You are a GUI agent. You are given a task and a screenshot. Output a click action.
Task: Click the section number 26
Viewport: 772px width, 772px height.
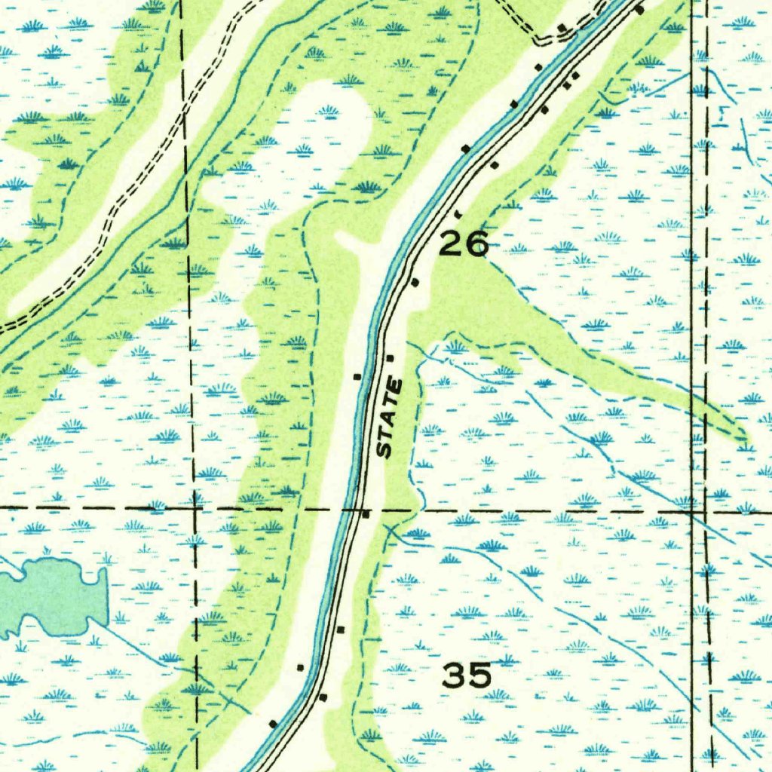tap(463, 244)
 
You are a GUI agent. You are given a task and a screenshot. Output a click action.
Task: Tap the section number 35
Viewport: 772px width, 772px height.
tap(467, 675)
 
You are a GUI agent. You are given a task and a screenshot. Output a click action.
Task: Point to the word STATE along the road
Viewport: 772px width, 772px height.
tap(390, 418)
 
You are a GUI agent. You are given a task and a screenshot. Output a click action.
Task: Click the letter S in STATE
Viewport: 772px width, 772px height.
tap(385, 450)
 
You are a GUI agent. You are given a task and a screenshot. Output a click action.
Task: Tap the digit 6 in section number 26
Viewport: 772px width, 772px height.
tap(476, 244)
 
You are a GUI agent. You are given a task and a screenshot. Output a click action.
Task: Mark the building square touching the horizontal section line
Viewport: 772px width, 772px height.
tap(366, 514)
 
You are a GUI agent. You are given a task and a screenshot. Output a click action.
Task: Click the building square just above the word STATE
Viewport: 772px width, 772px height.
tap(390, 357)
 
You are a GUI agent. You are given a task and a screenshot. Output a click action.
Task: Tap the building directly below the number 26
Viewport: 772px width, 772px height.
tap(414, 282)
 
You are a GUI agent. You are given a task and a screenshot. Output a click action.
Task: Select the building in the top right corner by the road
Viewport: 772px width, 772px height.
tap(639, 10)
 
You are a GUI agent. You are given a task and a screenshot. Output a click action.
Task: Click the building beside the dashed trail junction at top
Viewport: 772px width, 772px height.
tap(562, 28)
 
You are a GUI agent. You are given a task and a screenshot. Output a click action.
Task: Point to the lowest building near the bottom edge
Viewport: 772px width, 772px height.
tap(273, 724)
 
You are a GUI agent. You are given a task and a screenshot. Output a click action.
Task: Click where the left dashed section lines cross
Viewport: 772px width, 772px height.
tap(195, 510)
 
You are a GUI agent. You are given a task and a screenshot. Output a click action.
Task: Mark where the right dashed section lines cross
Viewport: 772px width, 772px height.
tap(694, 511)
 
